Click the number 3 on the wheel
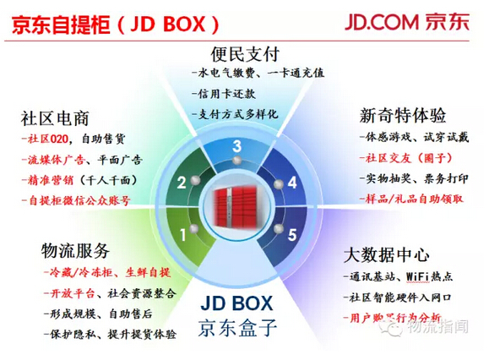(x=237, y=146)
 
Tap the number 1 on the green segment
(x=183, y=235)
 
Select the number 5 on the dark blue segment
(x=292, y=235)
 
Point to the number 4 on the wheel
(x=292, y=183)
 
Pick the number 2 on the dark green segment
(x=182, y=183)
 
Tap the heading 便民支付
(x=245, y=54)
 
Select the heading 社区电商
(x=55, y=118)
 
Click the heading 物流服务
(x=75, y=251)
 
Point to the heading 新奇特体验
(x=403, y=116)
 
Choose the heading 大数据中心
(x=387, y=255)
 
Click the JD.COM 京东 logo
(x=407, y=22)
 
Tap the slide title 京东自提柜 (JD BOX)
(x=116, y=25)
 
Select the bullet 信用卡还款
(x=224, y=94)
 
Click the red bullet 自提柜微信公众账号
(x=76, y=200)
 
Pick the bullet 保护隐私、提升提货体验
(x=110, y=334)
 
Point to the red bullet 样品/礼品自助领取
(x=411, y=199)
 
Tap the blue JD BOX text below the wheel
(x=237, y=303)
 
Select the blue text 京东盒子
(x=237, y=328)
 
